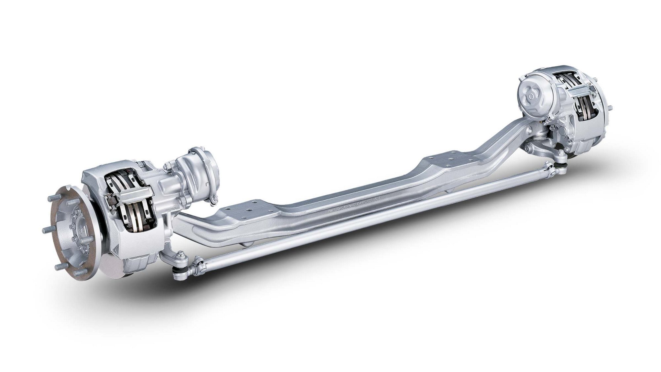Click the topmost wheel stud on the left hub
50,198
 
